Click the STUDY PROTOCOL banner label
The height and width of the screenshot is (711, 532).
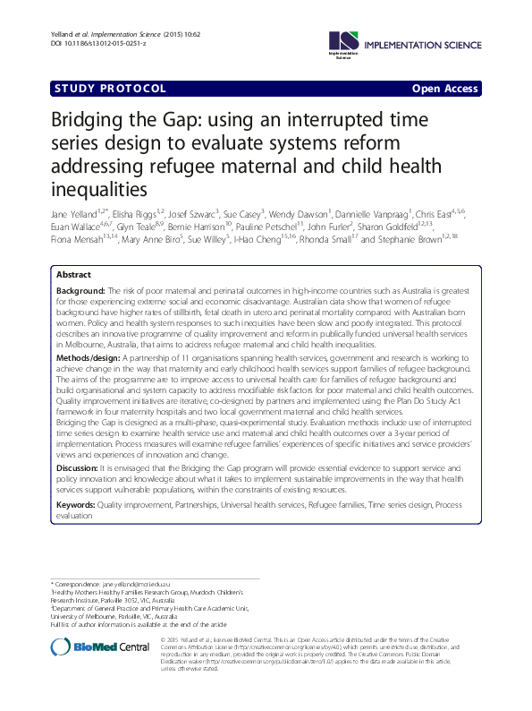click(109, 89)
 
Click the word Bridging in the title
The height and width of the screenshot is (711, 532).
click(86, 123)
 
